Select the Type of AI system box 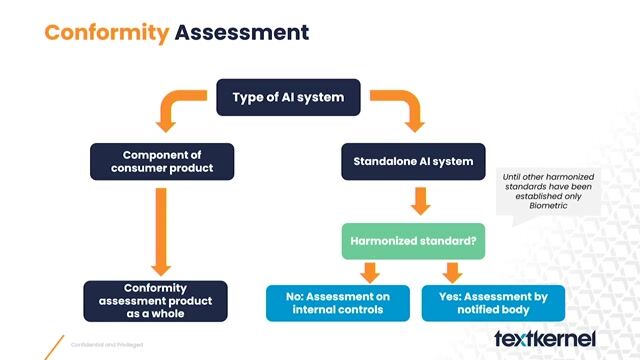click(x=288, y=97)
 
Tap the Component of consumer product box click(x=162, y=161)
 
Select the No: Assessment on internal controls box click(x=338, y=302)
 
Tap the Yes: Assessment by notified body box click(x=494, y=302)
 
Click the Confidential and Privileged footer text click(x=105, y=345)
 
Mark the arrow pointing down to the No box click(x=371, y=271)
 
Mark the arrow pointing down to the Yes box click(x=452, y=271)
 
